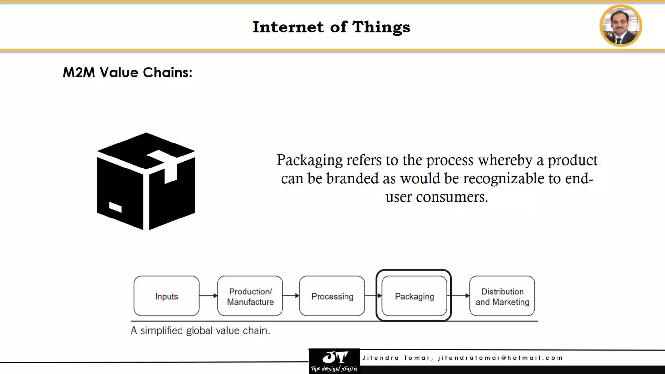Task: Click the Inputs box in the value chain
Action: pos(166,296)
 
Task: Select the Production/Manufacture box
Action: pos(250,296)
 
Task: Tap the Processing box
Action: pos(332,296)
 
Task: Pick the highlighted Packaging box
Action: pos(414,296)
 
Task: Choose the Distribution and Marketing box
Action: pos(502,296)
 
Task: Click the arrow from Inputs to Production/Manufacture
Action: pos(208,296)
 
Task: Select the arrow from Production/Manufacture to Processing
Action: pos(291,296)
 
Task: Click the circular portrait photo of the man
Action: pos(621,26)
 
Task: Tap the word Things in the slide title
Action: pos(381,27)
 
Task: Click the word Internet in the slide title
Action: pos(288,27)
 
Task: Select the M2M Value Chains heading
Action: pos(127,72)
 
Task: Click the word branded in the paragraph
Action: pos(352,179)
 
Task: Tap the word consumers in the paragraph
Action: pos(452,197)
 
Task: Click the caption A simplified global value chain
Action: pos(200,330)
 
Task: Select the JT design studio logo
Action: pos(334,361)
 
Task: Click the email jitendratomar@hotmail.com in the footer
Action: pos(500,358)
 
